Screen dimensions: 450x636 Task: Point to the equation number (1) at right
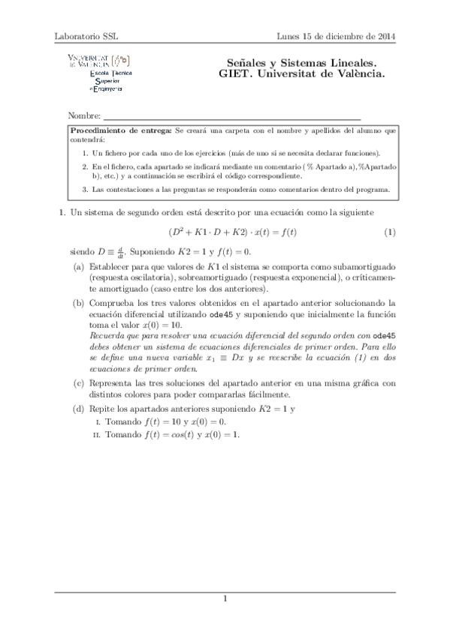point(389,232)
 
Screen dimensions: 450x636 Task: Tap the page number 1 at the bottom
point(225,597)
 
